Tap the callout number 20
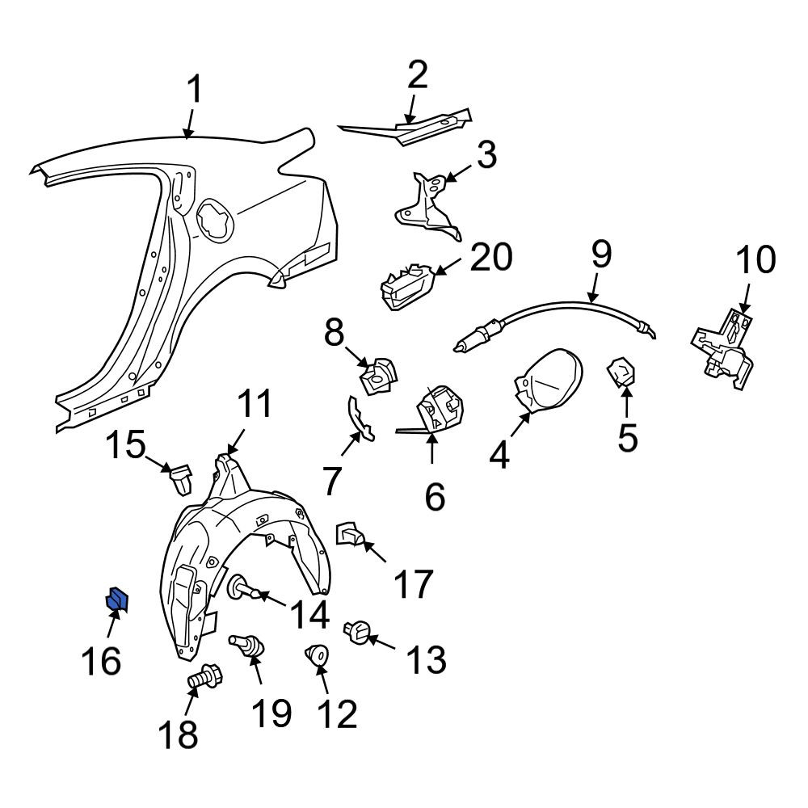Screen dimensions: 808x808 pos(491,257)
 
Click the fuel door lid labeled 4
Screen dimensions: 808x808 pos(549,381)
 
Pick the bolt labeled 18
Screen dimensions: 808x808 pos(204,676)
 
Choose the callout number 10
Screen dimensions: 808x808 pos(755,259)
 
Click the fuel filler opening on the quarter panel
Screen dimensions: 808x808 pos(215,220)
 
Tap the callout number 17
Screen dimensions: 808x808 pos(413,584)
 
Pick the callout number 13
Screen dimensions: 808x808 pos(426,659)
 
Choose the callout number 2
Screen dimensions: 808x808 pos(418,74)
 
